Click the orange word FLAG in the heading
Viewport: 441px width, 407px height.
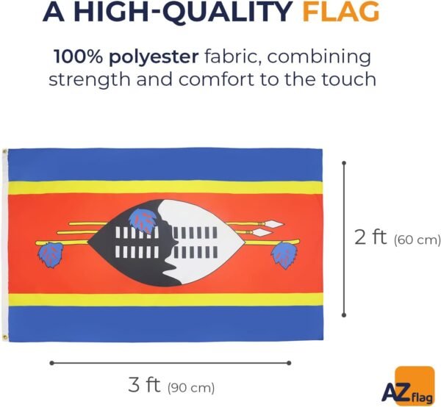tap(341, 12)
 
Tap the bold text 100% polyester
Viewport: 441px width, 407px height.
tap(126, 57)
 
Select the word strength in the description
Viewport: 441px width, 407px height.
tap(90, 79)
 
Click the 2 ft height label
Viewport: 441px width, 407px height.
tap(370, 237)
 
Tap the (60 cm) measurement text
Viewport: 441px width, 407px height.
tap(417, 240)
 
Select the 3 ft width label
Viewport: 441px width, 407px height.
tap(144, 385)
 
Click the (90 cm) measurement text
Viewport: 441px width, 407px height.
tap(191, 388)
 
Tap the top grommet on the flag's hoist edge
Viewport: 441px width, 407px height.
tap(4, 152)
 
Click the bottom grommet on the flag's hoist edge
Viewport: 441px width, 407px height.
tap(4, 336)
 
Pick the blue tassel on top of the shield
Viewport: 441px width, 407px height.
tap(143, 220)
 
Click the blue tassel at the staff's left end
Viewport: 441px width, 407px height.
tap(51, 255)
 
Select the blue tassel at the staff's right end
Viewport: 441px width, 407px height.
tap(284, 255)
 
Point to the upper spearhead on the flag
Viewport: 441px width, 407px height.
tap(274, 224)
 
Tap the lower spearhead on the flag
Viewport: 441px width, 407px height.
tap(262, 232)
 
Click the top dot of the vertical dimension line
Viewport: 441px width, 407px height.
tap(344, 163)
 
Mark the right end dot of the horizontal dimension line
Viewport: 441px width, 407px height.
tap(289, 363)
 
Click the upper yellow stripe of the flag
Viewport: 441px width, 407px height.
tap(165, 187)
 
